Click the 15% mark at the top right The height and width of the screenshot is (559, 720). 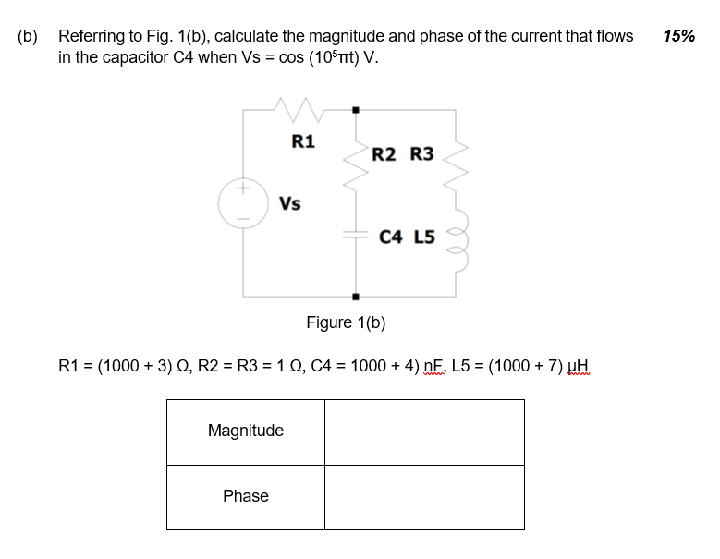[679, 36]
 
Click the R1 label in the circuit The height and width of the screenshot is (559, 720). [303, 141]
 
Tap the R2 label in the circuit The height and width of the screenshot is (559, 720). [384, 153]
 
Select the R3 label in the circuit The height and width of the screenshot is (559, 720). [421, 153]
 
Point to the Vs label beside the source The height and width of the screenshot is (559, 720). [289, 203]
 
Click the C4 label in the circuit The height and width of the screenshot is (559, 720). [391, 237]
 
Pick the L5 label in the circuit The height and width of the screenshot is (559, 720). [426, 237]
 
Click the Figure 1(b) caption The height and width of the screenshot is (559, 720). [346, 322]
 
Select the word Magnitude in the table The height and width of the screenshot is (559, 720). [246, 431]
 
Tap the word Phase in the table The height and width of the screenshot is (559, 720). [246, 496]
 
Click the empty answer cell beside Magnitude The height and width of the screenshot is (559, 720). [424, 431]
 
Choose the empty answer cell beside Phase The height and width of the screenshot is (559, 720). [424, 497]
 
